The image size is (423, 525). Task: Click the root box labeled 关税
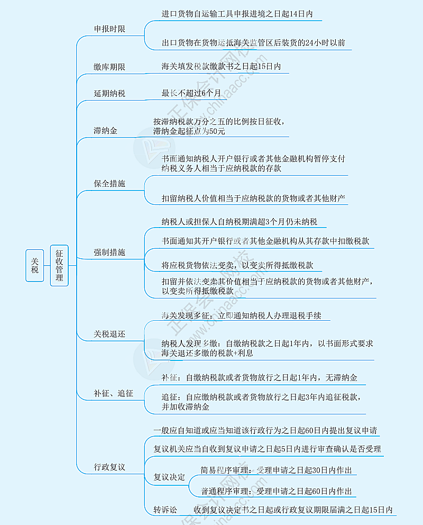[x=35, y=265]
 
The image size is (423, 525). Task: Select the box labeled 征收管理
[x=59, y=265]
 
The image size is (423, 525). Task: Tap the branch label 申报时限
[x=109, y=29]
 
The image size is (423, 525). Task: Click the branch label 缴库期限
[x=109, y=67]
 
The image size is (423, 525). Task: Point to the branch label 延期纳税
[x=109, y=94]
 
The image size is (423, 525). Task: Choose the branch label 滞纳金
[x=106, y=130]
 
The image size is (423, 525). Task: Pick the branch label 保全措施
[x=109, y=184]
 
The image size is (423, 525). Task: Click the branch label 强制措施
[x=109, y=252]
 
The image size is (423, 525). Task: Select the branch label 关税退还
[x=109, y=334]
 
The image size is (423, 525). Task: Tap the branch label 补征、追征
[x=113, y=393]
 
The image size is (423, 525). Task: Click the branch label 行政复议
[x=109, y=467]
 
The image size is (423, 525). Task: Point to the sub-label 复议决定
[x=169, y=477]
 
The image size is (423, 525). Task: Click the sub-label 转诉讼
[x=165, y=510]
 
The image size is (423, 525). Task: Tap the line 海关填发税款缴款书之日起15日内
[x=221, y=67]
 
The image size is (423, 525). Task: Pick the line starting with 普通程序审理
[x=275, y=491]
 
